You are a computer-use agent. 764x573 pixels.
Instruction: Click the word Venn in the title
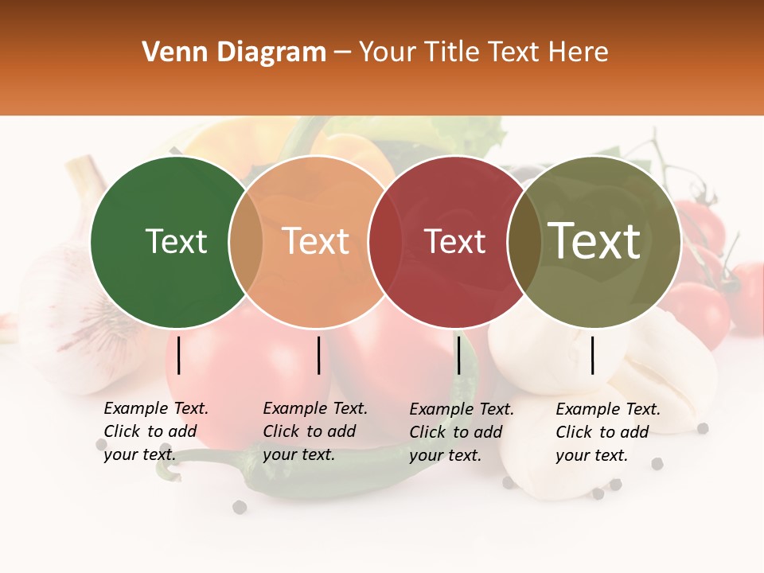(170, 53)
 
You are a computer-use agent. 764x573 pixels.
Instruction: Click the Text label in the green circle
(176, 241)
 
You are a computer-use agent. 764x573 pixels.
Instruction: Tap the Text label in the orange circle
(315, 241)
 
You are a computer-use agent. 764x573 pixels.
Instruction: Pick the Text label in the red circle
(454, 241)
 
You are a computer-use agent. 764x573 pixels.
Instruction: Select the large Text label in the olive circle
(594, 240)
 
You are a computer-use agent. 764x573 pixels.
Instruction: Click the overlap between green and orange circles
(246, 241)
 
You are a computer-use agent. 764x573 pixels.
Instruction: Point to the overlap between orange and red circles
(385, 241)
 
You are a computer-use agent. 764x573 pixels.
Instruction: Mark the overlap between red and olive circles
(524, 241)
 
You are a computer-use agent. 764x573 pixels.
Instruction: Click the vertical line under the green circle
(179, 355)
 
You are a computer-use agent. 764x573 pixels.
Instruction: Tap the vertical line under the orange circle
(318, 355)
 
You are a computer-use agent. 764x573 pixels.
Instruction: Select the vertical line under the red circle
(458, 355)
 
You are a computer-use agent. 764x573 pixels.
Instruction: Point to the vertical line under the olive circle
(593, 355)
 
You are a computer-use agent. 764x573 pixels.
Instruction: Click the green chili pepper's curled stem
(165, 470)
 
